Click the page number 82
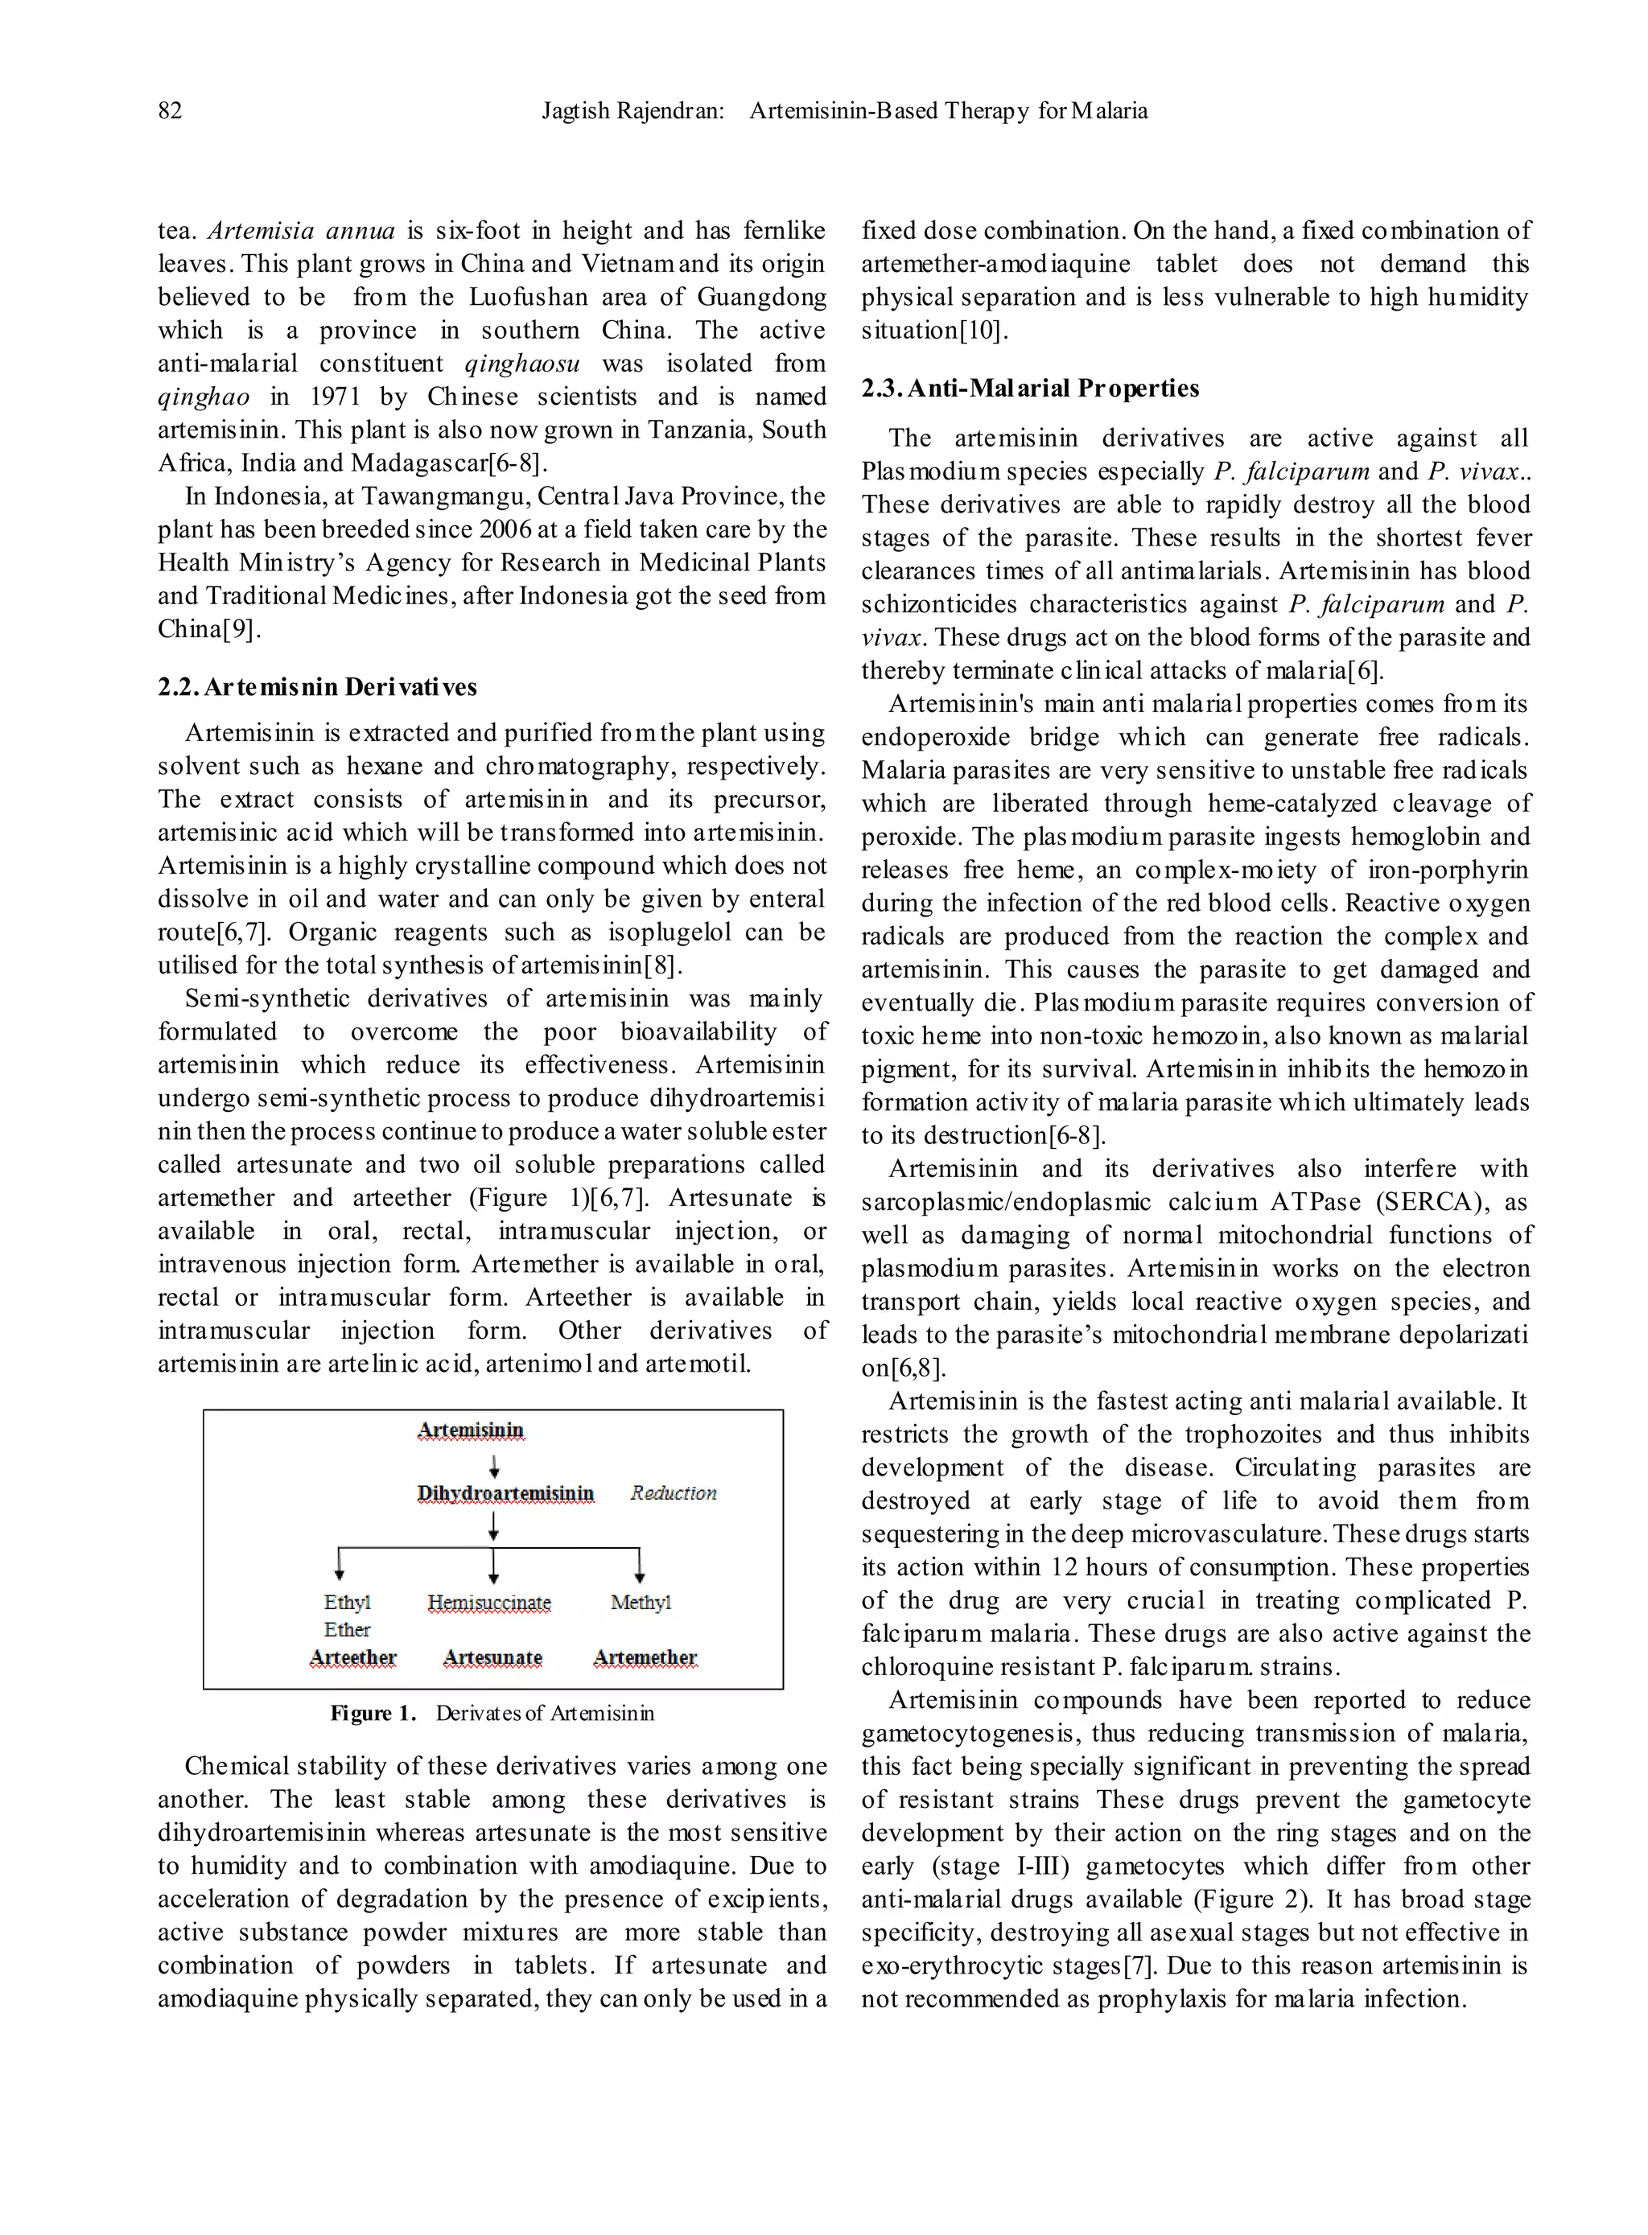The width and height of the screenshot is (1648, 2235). [171, 111]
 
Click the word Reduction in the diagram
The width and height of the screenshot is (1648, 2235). [674, 1493]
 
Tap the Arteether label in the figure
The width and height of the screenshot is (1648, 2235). [353, 1657]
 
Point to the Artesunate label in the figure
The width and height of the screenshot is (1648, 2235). [492, 1657]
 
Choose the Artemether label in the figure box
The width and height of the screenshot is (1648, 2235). [645, 1657]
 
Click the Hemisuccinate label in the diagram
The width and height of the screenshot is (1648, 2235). [488, 1603]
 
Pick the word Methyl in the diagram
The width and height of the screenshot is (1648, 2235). [641, 1602]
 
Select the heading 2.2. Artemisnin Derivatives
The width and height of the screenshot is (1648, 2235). [317, 687]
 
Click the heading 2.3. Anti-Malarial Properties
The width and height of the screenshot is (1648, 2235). [1031, 388]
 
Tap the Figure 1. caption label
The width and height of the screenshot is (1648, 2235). [373, 1714]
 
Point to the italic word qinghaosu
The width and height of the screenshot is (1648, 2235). [523, 364]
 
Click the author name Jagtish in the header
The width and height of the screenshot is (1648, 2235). [575, 111]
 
